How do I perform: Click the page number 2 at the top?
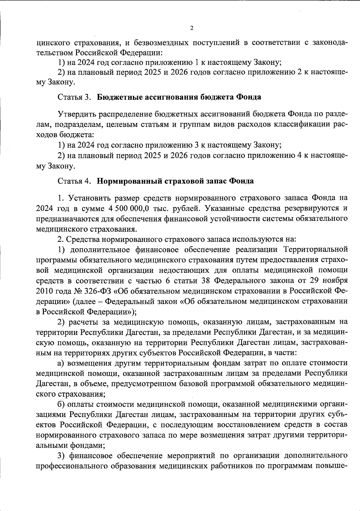tap(192, 28)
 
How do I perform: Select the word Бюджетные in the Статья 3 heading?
tap(119, 97)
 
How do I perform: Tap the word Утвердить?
tap(75, 114)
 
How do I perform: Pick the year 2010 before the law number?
tap(44, 291)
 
